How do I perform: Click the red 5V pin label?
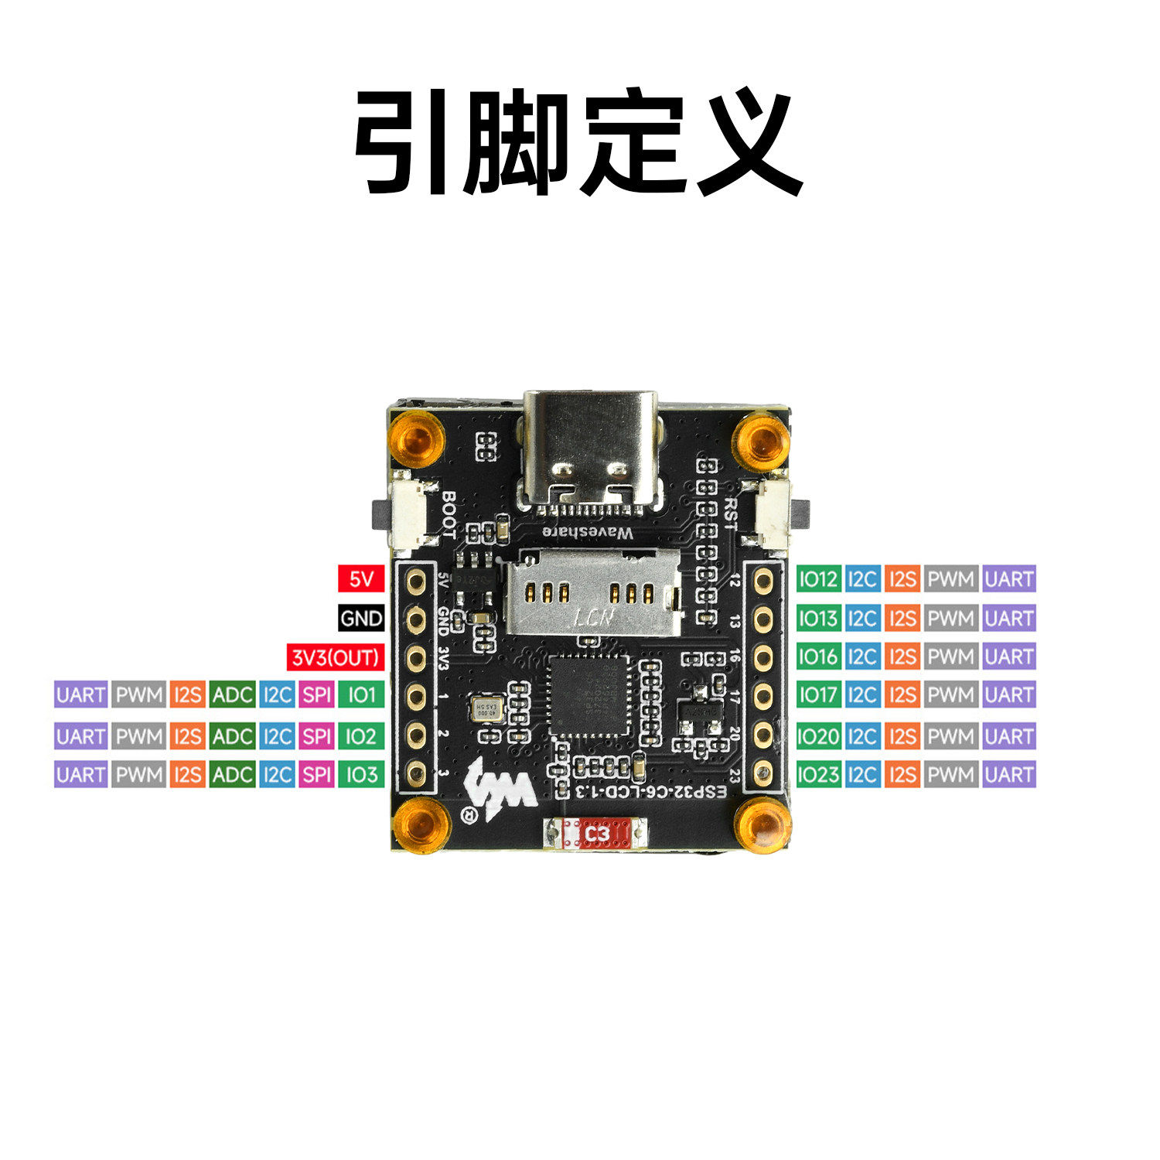361,578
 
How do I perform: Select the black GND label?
361,618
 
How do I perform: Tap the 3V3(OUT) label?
336,657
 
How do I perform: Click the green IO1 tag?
361,694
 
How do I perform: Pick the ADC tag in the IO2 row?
232,736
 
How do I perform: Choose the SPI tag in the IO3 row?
317,774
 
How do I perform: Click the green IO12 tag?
818,578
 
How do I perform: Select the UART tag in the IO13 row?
1009,618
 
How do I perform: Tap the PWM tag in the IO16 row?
950,657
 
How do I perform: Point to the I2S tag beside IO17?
902,694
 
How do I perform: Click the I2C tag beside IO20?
861,736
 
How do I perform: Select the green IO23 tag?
818,774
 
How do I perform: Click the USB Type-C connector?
591,449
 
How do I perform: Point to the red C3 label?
597,834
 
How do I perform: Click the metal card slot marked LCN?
592,594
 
